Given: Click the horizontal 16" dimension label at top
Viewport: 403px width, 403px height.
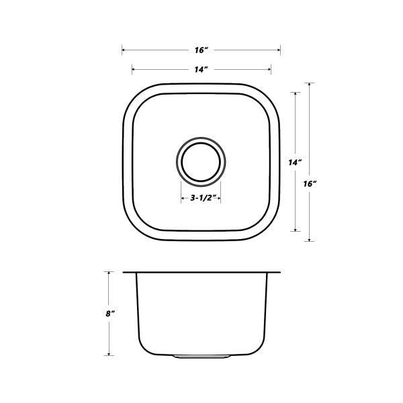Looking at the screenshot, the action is [x=201, y=50].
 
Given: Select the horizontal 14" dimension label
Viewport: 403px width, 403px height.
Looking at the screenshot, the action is [x=201, y=69].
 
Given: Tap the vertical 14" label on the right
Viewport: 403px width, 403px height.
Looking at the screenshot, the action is [x=295, y=163].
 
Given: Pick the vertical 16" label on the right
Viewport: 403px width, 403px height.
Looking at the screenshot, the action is [x=310, y=184].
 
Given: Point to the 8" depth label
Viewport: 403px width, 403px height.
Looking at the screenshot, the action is [x=110, y=314].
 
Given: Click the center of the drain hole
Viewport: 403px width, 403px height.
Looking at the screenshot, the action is [x=201, y=162].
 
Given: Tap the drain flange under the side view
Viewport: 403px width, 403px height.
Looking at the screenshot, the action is [x=201, y=357].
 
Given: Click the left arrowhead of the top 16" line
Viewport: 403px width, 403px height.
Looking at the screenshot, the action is [x=124, y=50].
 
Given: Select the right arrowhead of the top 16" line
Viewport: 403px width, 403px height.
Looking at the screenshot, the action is [x=279, y=50].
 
